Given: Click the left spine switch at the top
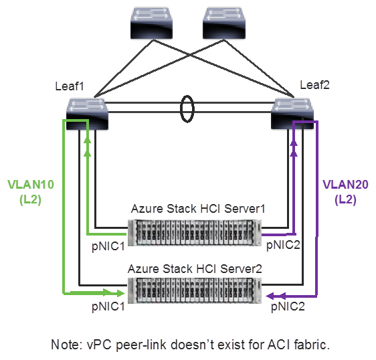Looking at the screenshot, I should tap(151, 23).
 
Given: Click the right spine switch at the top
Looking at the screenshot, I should tap(225, 23).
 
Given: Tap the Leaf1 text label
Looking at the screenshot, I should tap(70, 86).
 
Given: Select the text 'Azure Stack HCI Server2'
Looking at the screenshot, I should tap(195, 268).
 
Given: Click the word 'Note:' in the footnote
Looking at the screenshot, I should tap(66, 345).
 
